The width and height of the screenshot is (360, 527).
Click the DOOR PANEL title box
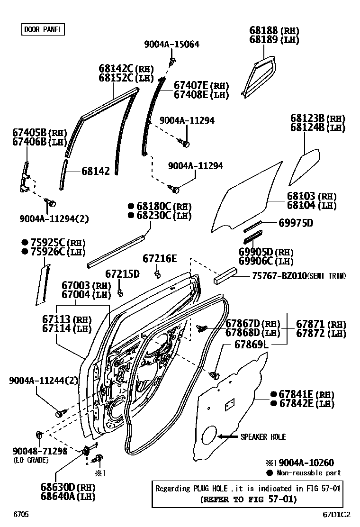click(43, 30)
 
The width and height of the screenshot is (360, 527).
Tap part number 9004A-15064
click(171, 44)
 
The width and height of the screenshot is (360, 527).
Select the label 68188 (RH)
click(274, 30)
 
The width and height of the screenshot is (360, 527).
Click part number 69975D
click(296, 223)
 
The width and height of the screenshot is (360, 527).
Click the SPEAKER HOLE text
click(263, 436)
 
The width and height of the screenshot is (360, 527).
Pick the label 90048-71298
click(40, 451)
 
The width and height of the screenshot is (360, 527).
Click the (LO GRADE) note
click(31, 460)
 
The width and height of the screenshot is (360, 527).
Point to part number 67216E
click(160, 258)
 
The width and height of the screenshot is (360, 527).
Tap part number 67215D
click(122, 274)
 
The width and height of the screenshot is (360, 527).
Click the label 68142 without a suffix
click(95, 171)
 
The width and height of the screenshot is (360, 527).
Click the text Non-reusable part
click(309, 472)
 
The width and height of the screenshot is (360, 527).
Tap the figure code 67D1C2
click(337, 514)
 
